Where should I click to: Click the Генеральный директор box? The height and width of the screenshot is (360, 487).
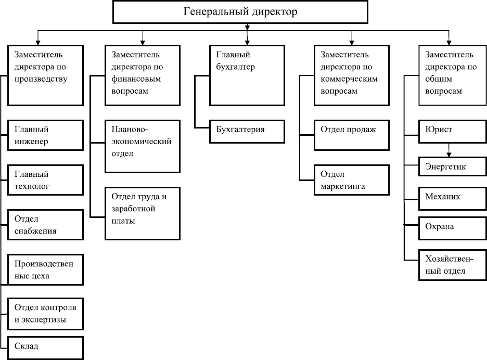point(240,12)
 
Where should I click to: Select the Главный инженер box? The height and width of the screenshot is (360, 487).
point(46,135)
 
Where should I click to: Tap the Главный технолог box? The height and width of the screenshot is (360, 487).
point(46,180)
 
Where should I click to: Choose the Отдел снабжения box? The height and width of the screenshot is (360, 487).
point(46,225)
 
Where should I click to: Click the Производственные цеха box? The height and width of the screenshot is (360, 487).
point(46,269)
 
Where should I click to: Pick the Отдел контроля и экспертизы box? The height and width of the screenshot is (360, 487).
point(46,314)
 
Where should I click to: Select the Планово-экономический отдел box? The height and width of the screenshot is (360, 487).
point(142,146)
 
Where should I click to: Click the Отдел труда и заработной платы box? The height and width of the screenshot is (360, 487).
point(142,213)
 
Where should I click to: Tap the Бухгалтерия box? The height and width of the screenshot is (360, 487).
point(247,131)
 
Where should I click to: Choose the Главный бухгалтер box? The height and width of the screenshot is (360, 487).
point(247,75)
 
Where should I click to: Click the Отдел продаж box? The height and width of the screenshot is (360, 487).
point(352,135)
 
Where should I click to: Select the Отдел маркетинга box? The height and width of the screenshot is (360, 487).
point(352,180)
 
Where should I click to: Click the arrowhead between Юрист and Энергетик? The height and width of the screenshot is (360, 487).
point(449,154)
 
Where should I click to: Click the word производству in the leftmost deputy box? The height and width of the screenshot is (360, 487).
point(41,79)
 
